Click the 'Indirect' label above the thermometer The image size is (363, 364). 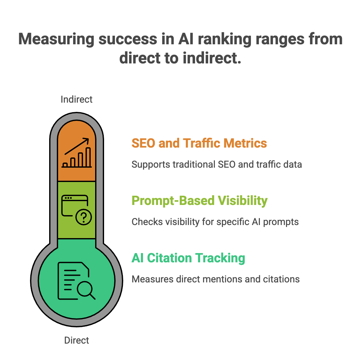pyautogui.click(x=77, y=99)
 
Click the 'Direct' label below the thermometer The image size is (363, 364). pyautogui.click(x=77, y=340)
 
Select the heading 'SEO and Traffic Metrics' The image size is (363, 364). pyautogui.click(x=199, y=143)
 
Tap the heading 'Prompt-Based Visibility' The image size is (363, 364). pyautogui.click(x=200, y=201)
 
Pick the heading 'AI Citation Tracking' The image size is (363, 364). pyautogui.click(x=188, y=258)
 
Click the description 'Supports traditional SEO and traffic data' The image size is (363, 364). pyautogui.click(x=216, y=164)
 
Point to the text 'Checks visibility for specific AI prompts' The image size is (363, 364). pyautogui.click(x=215, y=222)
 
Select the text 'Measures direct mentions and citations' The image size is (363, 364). pyautogui.click(x=216, y=279)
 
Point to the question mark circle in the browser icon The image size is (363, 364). pyautogui.click(x=84, y=217)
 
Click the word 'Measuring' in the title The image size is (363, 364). pyautogui.click(x=56, y=39)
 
